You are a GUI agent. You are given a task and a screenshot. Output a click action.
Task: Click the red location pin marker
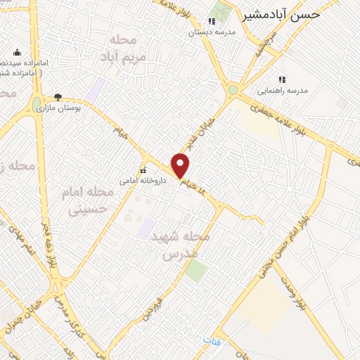pyautogui.click(x=181, y=166)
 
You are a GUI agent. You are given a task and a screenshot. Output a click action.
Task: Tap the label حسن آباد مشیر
pyautogui.click(x=281, y=15)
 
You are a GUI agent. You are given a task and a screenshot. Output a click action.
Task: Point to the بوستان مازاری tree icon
pyautogui.click(x=58, y=97)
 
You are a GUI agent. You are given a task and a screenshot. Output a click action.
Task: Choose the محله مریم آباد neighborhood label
pyautogui.click(x=127, y=47)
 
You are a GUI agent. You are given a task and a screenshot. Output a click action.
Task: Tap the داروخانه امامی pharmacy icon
pyautogui.click(x=143, y=170)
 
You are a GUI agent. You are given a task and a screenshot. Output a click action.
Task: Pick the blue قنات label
pyautogui.click(x=210, y=340)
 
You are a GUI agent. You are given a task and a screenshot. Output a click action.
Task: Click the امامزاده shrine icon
pyautogui.click(x=18, y=53)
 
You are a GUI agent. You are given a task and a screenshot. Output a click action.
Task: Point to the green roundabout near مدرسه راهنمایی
pyautogui.click(x=232, y=89)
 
